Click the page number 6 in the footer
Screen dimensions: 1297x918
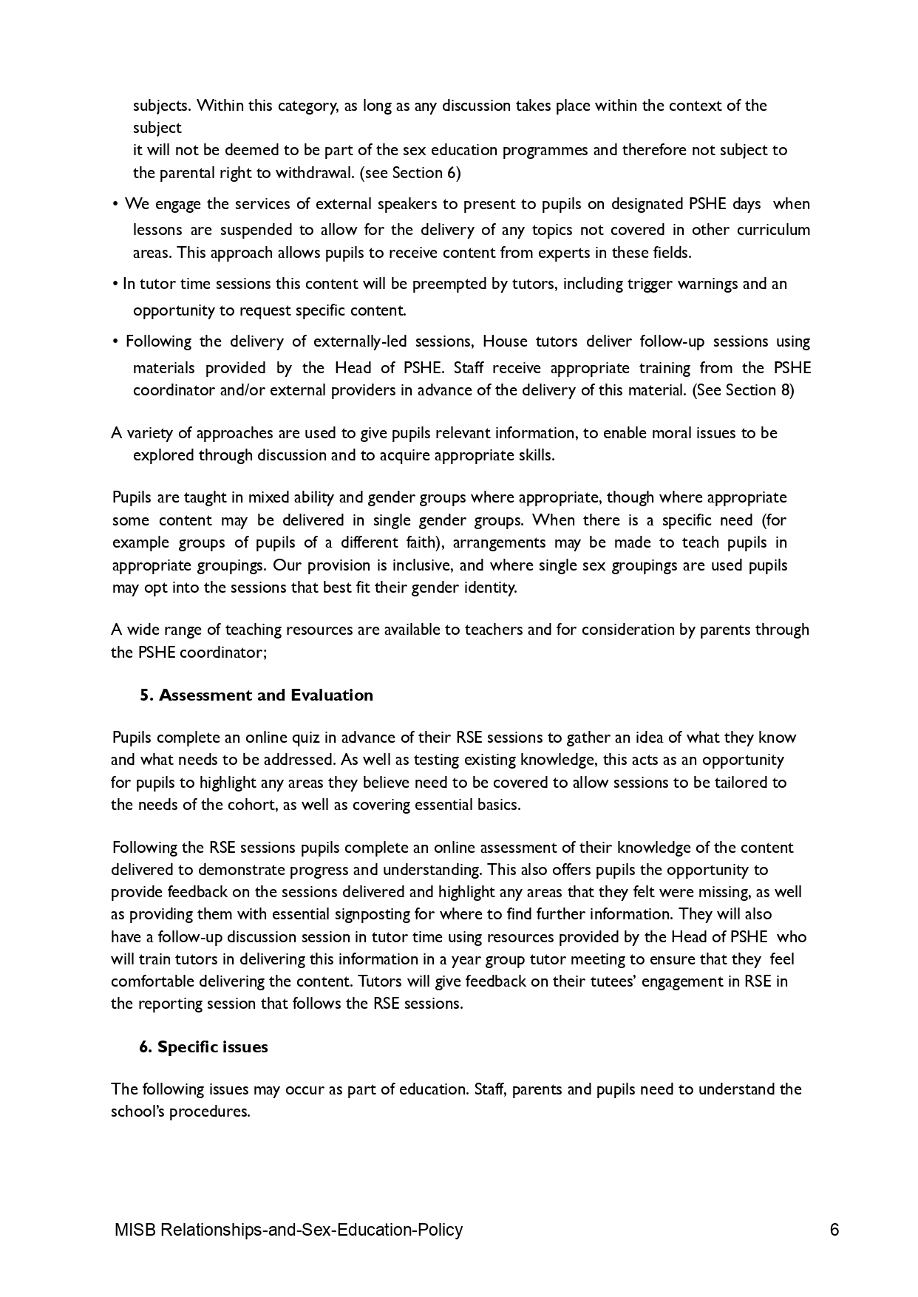834,1230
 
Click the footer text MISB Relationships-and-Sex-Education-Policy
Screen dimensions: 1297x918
288,1230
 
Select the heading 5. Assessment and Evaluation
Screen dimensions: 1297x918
256,695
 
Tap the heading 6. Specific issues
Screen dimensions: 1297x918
203,1047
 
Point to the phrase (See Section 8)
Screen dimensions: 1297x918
743,390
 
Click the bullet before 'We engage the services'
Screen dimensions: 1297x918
116,205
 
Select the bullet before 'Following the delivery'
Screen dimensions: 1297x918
116,342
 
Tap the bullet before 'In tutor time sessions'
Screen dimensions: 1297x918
115,285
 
